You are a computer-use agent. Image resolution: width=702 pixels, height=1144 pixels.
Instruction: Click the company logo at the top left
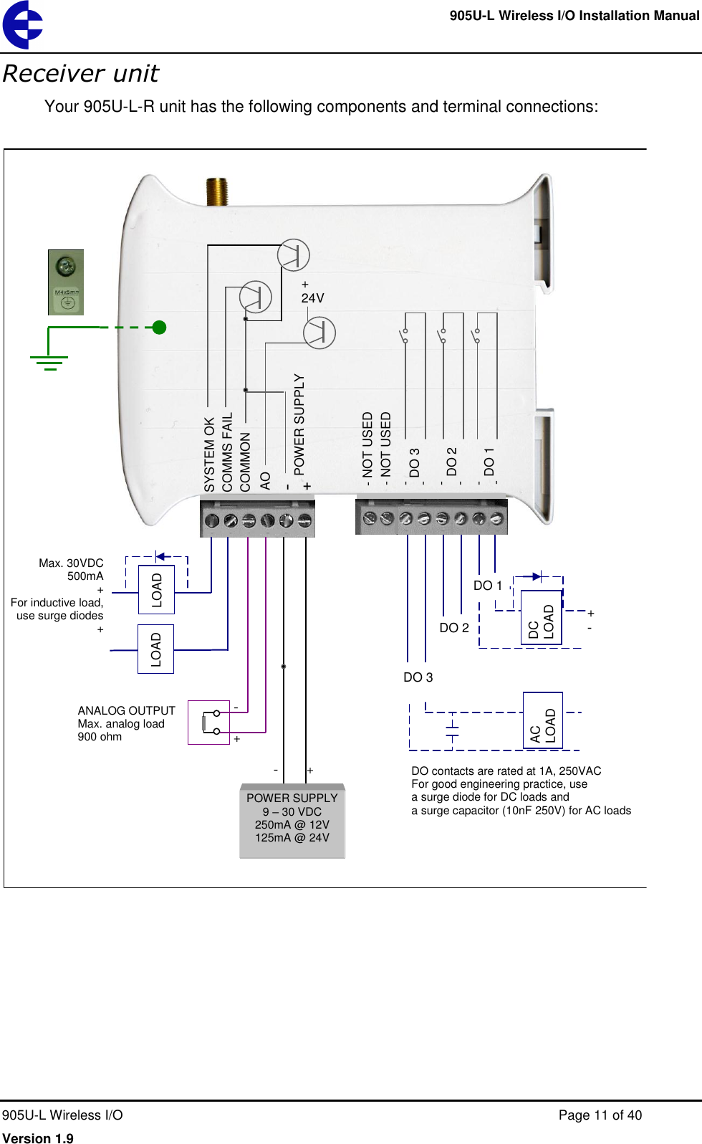pos(22,25)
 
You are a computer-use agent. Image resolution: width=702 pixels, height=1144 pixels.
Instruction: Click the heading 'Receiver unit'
pos(81,74)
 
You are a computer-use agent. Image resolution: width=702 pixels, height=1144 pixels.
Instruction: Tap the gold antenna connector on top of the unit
pos(217,192)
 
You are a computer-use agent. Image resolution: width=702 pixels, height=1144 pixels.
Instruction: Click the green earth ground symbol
pos(49,361)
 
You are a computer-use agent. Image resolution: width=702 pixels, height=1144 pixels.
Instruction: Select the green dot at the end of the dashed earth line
pos(159,328)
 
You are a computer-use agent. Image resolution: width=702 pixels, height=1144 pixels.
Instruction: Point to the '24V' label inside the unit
pos(312,297)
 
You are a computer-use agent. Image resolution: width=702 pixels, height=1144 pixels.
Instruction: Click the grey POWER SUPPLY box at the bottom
pos(292,821)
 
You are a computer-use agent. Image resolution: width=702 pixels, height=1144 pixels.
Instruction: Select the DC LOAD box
pos(541,618)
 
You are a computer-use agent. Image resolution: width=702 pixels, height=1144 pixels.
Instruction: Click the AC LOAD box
pos(542,721)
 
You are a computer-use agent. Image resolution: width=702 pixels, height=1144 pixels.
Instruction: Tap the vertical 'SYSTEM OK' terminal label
pos(210,454)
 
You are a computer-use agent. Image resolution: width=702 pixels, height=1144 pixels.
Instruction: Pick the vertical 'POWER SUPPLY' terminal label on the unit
pos(299,424)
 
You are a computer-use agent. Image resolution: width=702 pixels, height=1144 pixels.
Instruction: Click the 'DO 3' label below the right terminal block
pos(418,677)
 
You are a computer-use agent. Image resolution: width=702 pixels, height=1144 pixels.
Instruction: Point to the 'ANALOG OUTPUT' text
pos(126,710)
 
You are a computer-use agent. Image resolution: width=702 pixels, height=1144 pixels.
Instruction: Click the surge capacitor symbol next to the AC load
pos(452,730)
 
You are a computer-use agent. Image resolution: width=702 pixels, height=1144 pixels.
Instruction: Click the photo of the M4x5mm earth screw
pos(66,282)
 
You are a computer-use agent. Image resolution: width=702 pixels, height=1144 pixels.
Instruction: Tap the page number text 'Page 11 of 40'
pos(600,1115)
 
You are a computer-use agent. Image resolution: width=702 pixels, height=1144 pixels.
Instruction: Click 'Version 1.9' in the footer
pos(38,1138)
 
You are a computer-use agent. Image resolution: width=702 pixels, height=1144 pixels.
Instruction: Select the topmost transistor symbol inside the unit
pos(293,255)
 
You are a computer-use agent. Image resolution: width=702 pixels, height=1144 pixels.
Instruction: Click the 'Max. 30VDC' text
pos(71,563)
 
